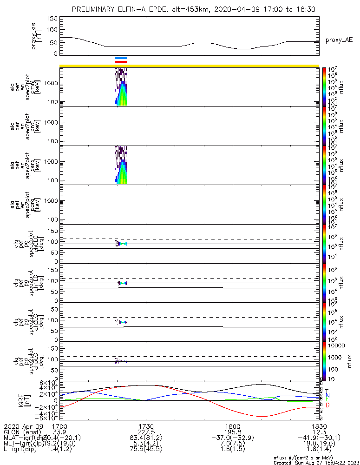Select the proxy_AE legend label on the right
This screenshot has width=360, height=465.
(x=339, y=40)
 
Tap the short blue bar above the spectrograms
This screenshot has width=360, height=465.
(x=121, y=58)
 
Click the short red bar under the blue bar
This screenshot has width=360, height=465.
(x=121, y=62)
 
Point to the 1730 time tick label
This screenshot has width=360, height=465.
(x=146, y=426)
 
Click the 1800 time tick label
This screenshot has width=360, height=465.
(x=232, y=426)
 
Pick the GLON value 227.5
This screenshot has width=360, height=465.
(x=146, y=432)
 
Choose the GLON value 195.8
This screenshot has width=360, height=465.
(x=232, y=432)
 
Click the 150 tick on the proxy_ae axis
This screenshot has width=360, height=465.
(x=52, y=18)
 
